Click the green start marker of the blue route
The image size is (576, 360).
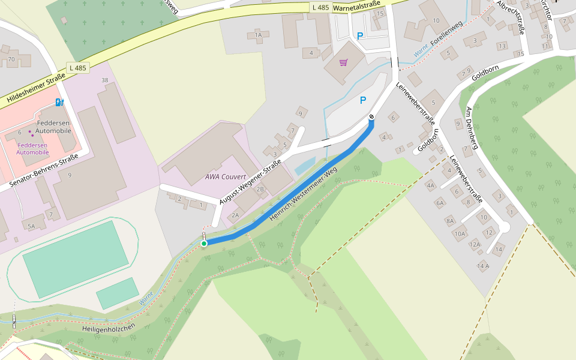point(204,243)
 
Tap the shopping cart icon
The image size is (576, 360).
point(344,62)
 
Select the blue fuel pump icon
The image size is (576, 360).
point(59,102)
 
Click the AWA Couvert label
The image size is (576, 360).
point(221,176)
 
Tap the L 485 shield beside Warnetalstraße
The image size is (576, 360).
point(320,8)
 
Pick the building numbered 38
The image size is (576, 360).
point(105,80)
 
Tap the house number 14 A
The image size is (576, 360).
point(483,265)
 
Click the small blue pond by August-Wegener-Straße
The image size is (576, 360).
point(304,166)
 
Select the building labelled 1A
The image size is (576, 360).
point(258,35)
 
